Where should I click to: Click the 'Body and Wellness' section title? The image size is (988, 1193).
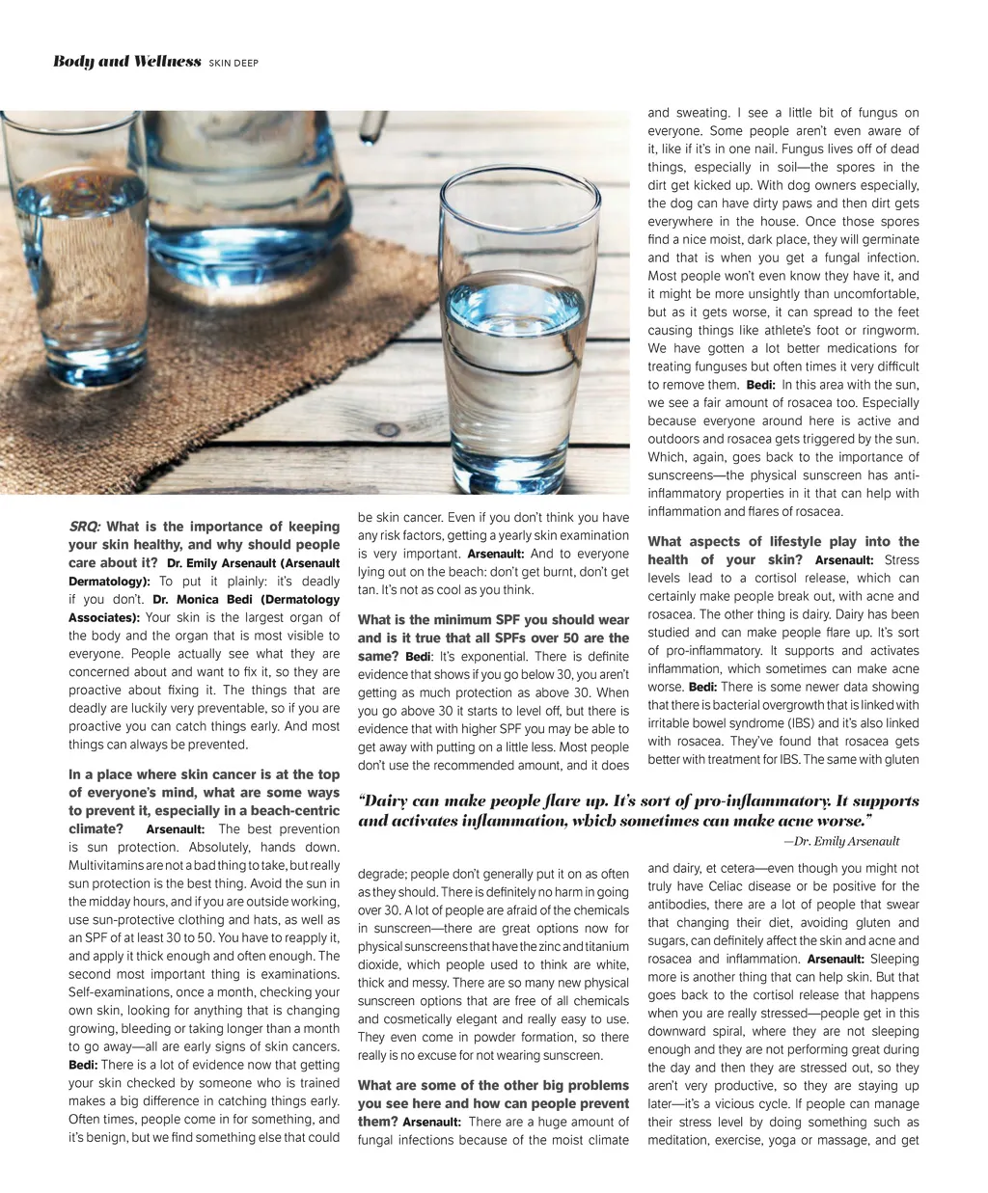(x=126, y=62)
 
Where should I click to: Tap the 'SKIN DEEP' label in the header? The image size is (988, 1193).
(x=233, y=64)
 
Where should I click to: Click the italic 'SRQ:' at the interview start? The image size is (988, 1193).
(x=85, y=527)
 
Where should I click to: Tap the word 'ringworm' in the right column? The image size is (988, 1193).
(x=892, y=330)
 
